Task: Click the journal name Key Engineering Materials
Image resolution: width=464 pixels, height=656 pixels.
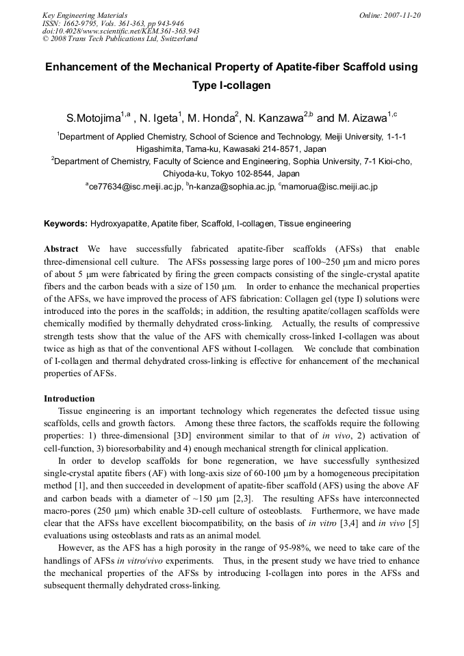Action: (84, 15)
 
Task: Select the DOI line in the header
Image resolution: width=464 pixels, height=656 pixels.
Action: (120, 31)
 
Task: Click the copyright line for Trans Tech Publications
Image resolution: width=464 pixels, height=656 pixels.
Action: (120, 39)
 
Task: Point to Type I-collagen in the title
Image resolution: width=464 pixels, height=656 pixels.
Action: (232, 86)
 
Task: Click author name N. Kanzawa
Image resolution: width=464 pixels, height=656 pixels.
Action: (276, 118)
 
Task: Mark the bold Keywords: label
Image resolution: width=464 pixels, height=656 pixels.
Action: (66, 224)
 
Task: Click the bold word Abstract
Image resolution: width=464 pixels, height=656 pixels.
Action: (61, 249)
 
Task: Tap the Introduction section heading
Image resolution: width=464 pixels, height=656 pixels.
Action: (69, 398)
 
